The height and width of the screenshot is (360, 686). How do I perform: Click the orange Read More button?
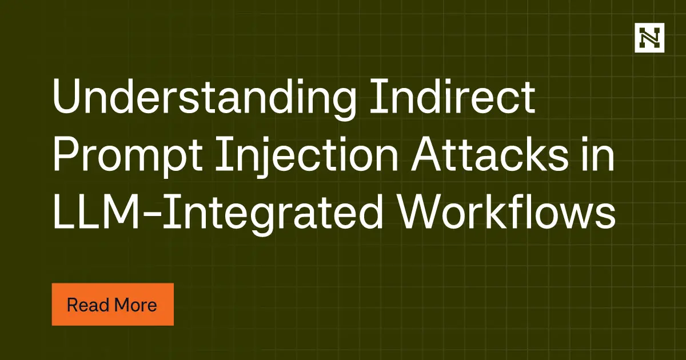[113, 305]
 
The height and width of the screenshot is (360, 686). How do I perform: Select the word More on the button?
[135, 305]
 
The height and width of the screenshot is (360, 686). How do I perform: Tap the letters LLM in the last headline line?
[97, 214]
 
